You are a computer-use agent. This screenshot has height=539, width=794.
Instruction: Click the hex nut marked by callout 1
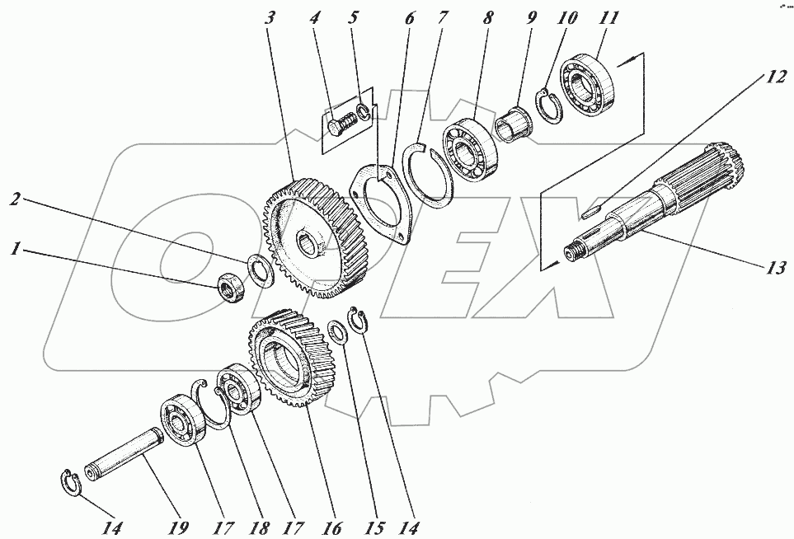coord(231,289)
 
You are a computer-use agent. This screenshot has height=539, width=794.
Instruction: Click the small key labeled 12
coord(591,209)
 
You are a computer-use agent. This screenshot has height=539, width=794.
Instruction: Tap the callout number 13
coord(775,268)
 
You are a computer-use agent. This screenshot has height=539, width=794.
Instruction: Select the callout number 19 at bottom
coord(177,527)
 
